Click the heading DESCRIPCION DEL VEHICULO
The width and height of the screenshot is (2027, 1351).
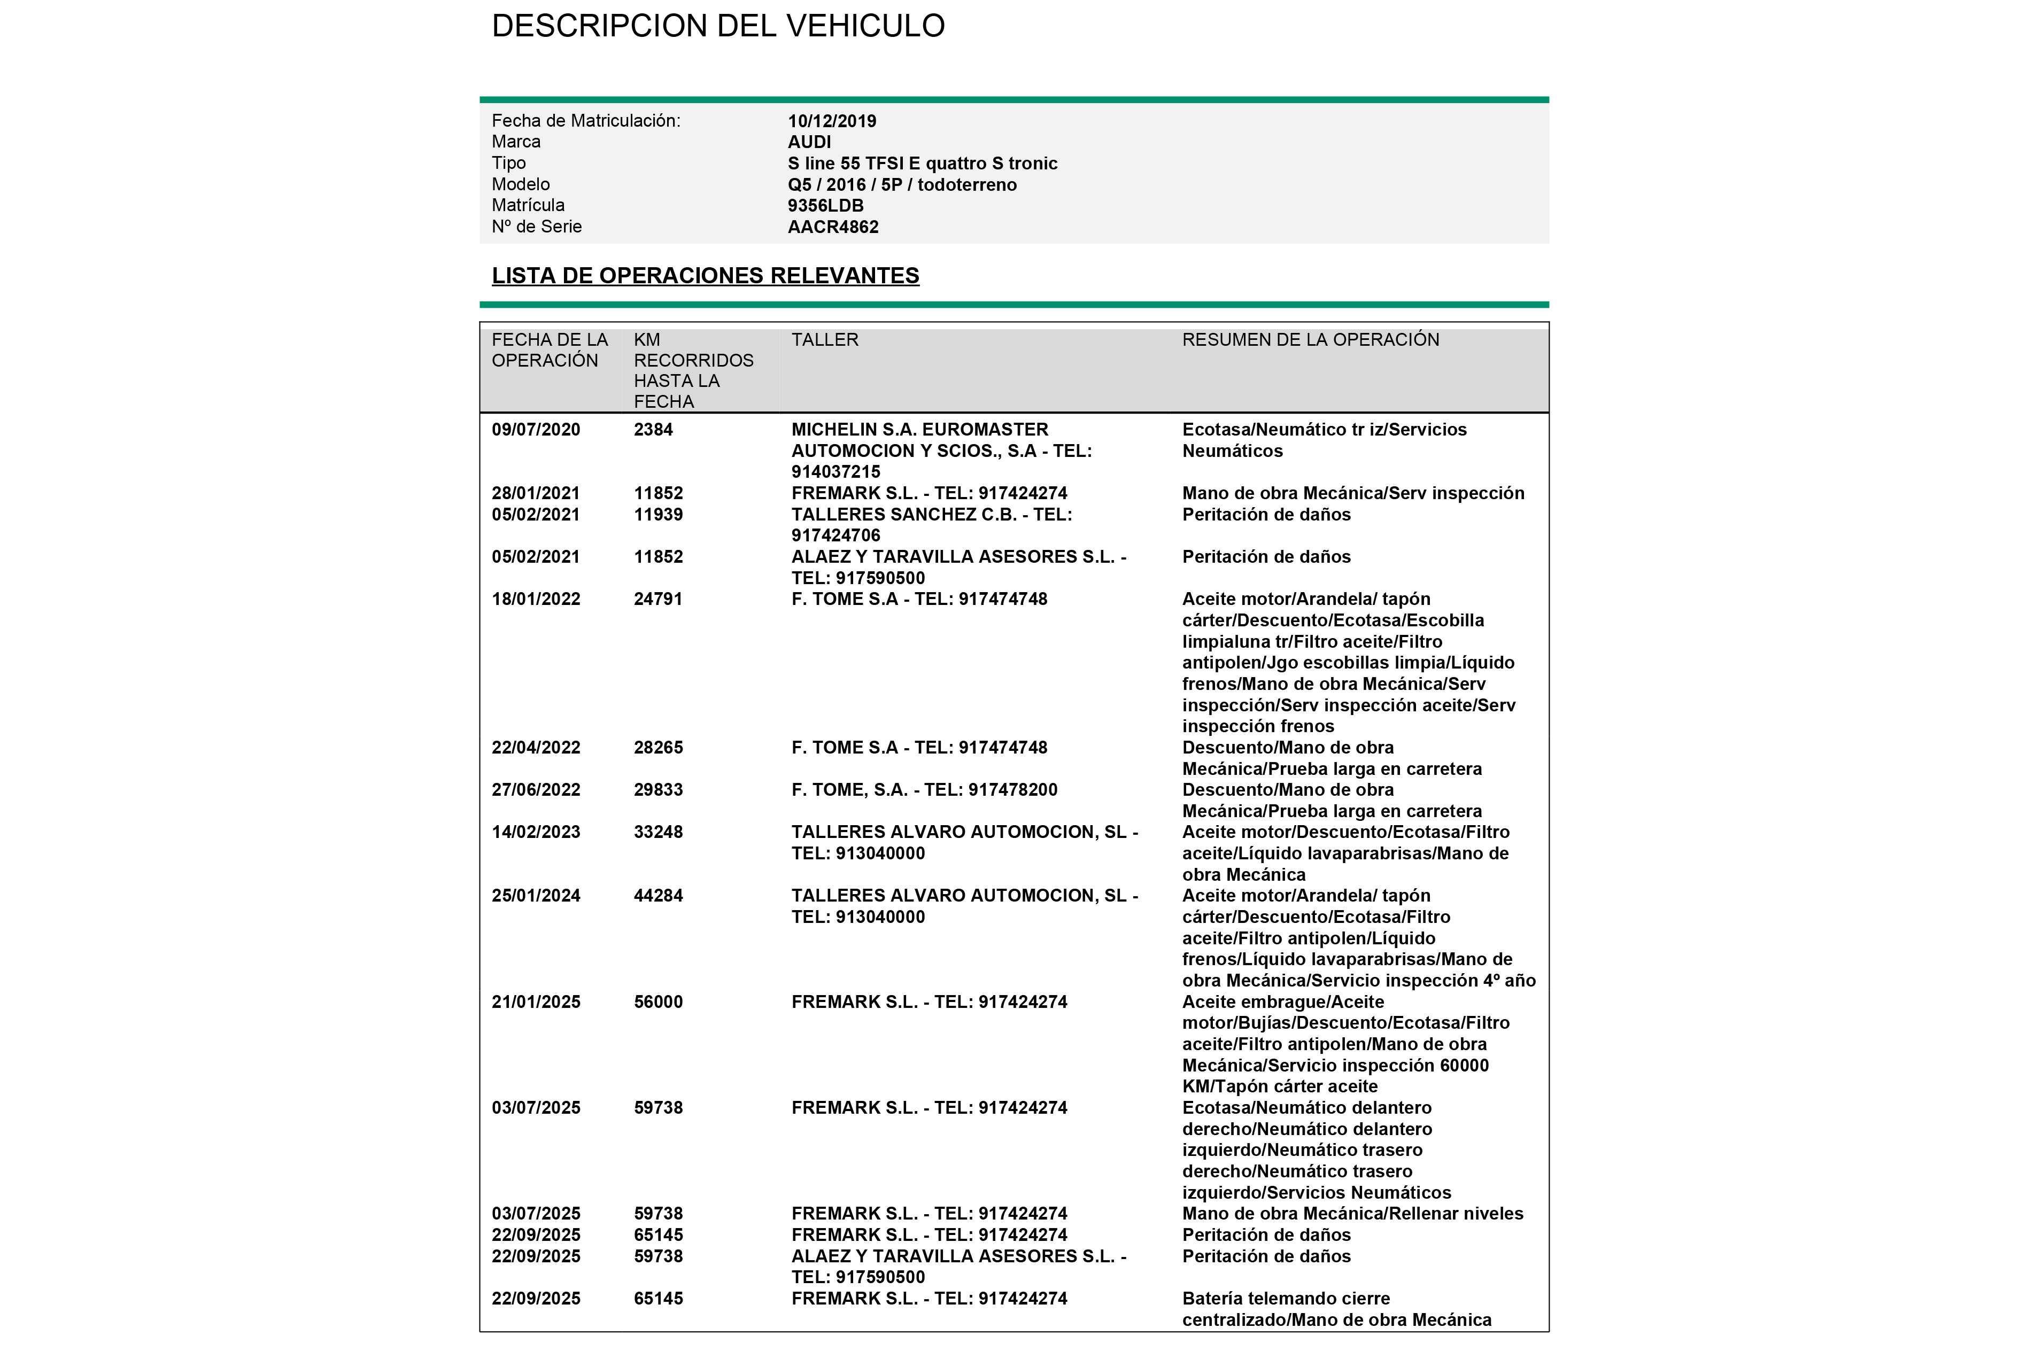click(718, 26)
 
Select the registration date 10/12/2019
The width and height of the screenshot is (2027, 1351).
click(832, 121)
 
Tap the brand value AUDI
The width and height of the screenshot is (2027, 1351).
click(809, 142)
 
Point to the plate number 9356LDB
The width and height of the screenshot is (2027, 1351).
click(826, 206)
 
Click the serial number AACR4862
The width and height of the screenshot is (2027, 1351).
click(832, 228)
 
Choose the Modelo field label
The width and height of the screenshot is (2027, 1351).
click(521, 184)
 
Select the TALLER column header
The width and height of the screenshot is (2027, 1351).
click(825, 340)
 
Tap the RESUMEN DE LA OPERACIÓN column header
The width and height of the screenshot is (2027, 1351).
click(1310, 340)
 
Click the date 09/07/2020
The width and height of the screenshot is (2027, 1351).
click(536, 430)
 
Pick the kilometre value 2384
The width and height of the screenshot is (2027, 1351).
click(653, 430)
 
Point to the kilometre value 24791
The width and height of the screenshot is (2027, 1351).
click(659, 600)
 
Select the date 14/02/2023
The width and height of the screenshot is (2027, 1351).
click(536, 832)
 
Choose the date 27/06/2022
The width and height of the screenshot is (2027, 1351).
click(536, 790)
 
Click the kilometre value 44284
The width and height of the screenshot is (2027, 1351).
click(659, 896)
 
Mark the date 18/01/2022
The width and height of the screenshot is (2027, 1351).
click(536, 600)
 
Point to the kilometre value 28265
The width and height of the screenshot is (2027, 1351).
click(659, 748)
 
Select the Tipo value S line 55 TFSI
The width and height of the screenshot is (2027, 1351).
click(922, 164)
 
